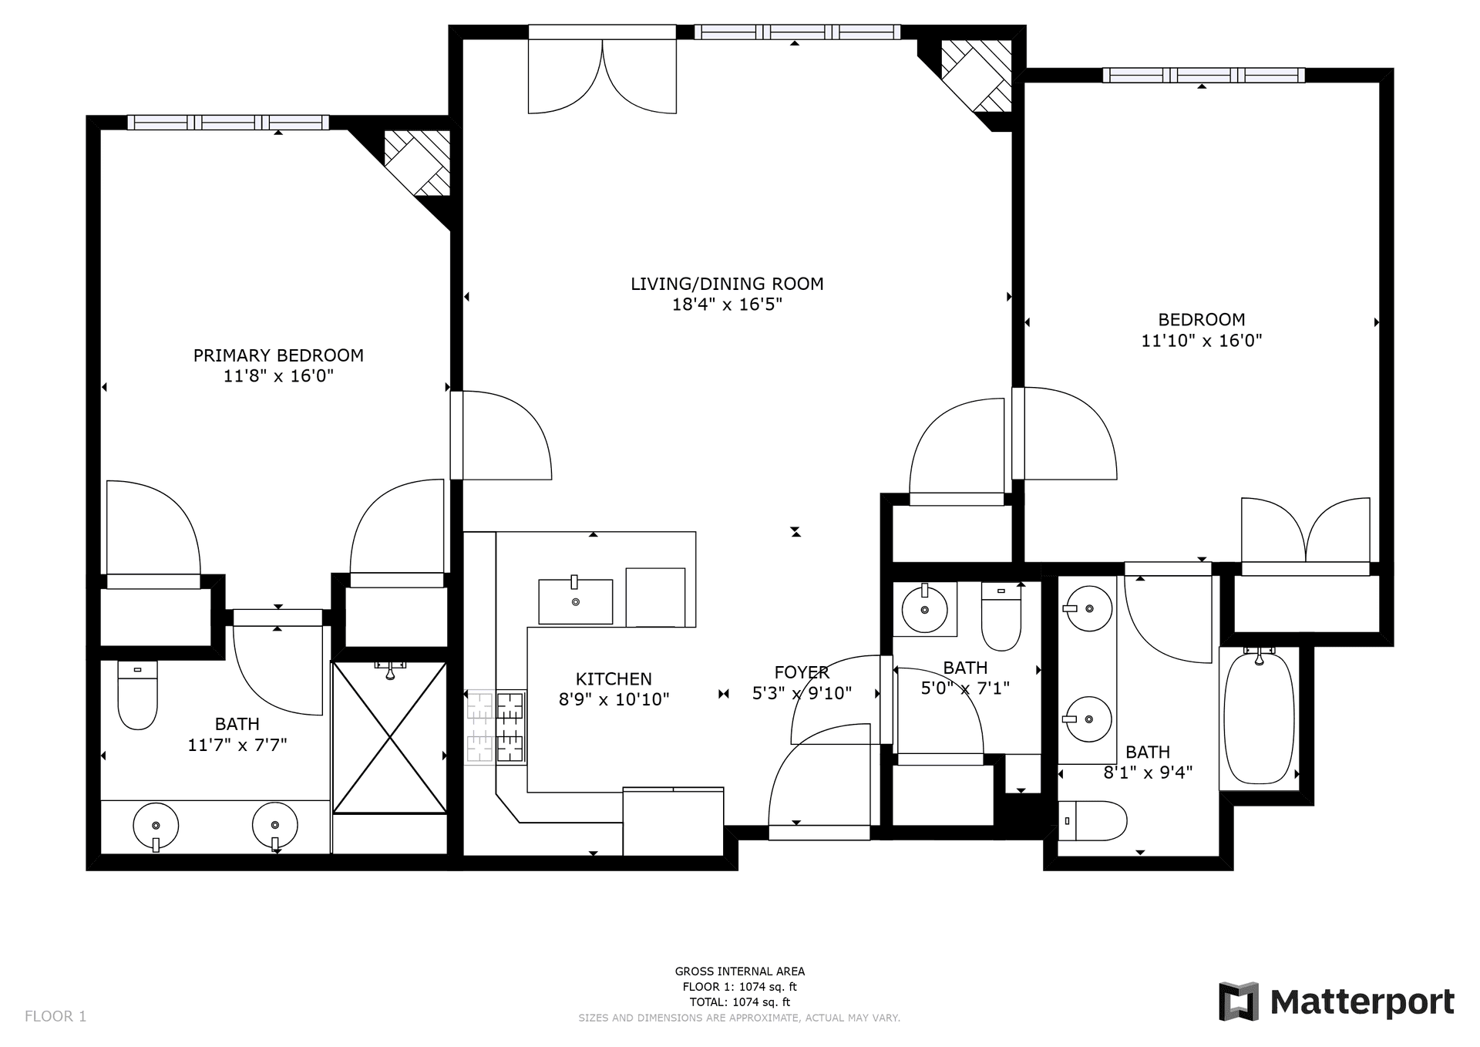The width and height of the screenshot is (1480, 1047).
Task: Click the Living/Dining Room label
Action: pos(727,284)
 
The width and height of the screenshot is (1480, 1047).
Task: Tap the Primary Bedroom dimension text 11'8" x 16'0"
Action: pos(278,376)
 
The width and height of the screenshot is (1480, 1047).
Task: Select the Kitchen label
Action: pos(614,678)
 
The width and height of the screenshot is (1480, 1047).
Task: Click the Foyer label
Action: pos(802,672)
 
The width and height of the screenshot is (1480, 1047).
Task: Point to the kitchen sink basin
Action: pos(575,601)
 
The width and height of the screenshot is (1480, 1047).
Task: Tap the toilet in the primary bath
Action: pos(137,695)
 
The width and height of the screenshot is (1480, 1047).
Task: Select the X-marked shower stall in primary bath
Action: pos(390,738)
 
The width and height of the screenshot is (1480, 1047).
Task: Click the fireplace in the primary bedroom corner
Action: pos(417,163)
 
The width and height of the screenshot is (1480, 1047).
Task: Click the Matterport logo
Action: pos(1337,1002)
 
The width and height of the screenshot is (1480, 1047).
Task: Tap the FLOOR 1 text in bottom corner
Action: pos(55,1016)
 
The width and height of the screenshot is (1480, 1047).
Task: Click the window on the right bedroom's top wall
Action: pos(1203,76)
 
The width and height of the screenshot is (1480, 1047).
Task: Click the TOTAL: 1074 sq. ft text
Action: pos(739,1002)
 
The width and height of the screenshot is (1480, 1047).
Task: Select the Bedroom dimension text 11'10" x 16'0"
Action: pos(1201,340)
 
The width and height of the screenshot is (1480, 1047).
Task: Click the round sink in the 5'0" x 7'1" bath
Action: pos(924,609)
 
